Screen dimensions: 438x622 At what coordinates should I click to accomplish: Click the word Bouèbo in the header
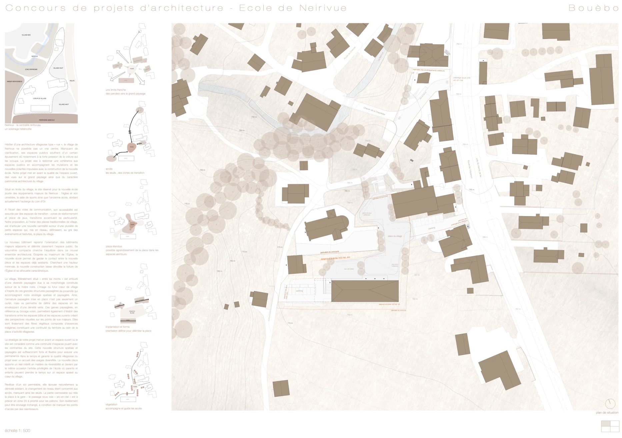(x=593, y=8)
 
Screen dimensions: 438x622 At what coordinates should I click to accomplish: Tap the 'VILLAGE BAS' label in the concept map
(x=26, y=35)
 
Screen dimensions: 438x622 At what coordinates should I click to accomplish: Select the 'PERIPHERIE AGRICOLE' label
(x=47, y=120)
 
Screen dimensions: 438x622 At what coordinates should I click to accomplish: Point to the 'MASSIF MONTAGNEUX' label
(x=15, y=81)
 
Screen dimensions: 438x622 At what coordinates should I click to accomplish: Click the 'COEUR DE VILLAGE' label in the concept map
(x=39, y=99)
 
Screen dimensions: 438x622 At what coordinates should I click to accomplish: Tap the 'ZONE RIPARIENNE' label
(x=31, y=69)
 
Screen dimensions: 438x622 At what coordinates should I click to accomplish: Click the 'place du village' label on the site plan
(x=395, y=236)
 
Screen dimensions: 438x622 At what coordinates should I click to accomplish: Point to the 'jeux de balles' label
(x=349, y=269)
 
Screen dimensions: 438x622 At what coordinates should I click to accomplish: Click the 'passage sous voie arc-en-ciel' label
(x=462, y=79)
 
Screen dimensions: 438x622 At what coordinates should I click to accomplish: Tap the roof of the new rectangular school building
(x=365, y=291)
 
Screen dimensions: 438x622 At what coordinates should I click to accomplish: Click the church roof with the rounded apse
(x=327, y=226)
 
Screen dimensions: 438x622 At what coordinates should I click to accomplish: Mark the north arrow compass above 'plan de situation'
(x=610, y=403)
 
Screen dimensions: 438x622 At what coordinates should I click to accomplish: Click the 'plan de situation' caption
(x=607, y=413)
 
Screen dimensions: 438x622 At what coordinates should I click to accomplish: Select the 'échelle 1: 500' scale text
(x=17, y=431)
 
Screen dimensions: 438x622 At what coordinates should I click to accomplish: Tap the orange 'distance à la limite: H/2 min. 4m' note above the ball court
(x=335, y=258)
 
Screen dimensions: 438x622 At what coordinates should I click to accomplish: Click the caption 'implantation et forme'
(x=117, y=327)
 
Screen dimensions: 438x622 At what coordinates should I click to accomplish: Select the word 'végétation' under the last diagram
(x=111, y=404)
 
